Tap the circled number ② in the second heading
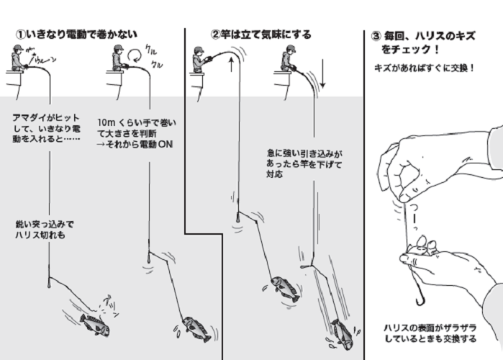(214, 34)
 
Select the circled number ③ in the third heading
(376, 37)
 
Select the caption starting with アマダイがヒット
(47, 127)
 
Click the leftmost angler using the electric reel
(19, 59)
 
